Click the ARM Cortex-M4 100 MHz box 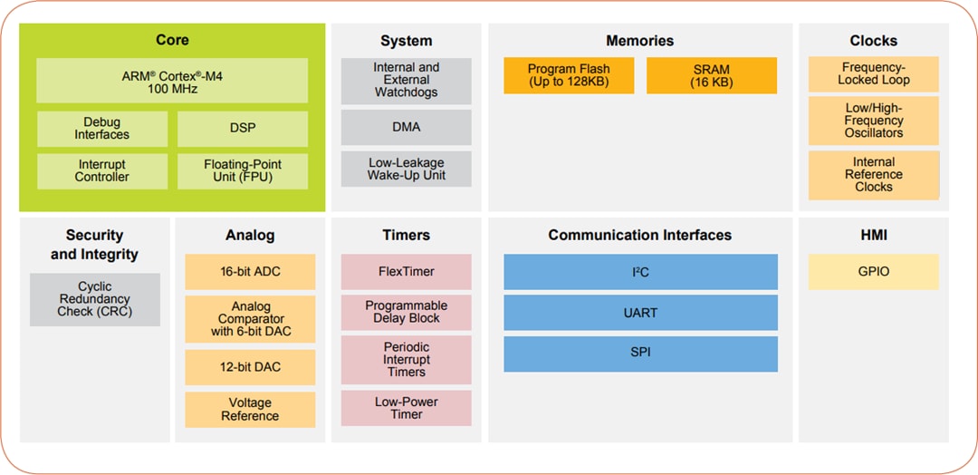[172, 82]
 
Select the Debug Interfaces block [101, 129]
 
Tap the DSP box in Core [242, 129]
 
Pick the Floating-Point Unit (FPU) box [242, 171]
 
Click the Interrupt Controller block [101, 171]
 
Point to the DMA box [406, 128]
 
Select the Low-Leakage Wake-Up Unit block [406, 170]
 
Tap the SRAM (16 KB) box [711, 76]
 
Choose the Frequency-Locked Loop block [873, 74]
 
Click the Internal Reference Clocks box [873, 175]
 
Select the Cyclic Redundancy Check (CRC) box [94, 299]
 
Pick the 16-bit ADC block [250, 272]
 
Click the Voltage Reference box [250, 410]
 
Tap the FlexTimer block [406, 272]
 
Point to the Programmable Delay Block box [406, 313]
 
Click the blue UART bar [640, 313]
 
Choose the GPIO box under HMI [873, 272]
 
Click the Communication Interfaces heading [639, 236]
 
